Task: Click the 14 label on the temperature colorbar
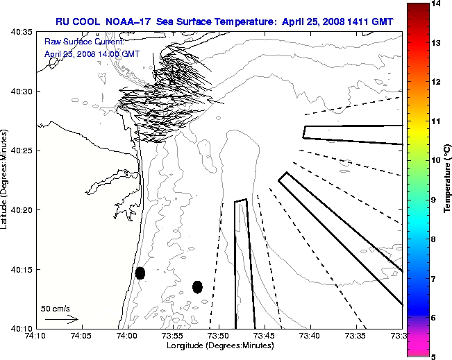[x=435, y=4]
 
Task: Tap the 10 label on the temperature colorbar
[x=435, y=160]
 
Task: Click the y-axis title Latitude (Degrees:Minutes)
[x=6, y=179]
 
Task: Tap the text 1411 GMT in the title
[x=370, y=22]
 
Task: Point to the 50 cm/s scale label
[x=56, y=308]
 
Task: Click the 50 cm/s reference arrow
[x=62, y=319]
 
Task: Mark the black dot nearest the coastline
[x=140, y=273]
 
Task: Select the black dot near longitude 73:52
[x=197, y=286]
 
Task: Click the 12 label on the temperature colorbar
[x=435, y=82]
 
